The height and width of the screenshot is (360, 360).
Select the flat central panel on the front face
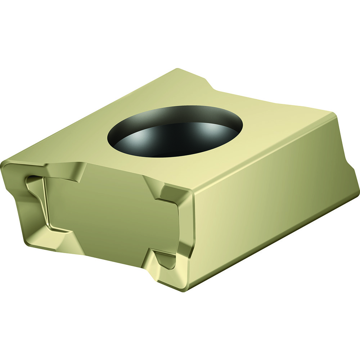[112, 209]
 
